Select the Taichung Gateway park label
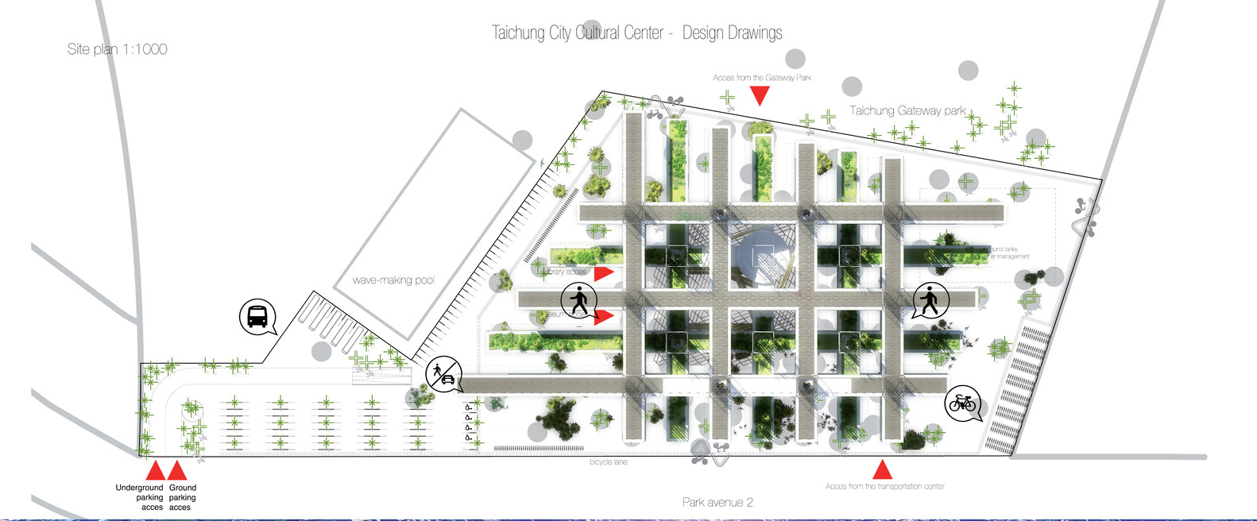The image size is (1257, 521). [x=907, y=110]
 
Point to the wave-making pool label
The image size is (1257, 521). [x=393, y=280]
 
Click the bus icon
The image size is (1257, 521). [x=257, y=317]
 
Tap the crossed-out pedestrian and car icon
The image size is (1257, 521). [x=443, y=374]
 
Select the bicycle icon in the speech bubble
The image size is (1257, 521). [x=962, y=403]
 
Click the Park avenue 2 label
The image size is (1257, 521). [x=717, y=502]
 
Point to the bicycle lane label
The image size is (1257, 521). [x=608, y=462]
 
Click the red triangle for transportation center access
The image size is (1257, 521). [x=882, y=470]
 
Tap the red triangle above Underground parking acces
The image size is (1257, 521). [x=156, y=471]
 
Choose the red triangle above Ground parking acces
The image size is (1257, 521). [x=177, y=471]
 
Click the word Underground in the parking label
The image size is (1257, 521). [x=139, y=488]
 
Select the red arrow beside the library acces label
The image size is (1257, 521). [x=604, y=273]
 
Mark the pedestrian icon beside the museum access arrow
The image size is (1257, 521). [x=578, y=302]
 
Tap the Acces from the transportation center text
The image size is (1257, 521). [x=884, y=486]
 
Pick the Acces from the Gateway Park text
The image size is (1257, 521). [x=761, y=78]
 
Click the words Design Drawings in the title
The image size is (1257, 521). [x=732, y=33]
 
